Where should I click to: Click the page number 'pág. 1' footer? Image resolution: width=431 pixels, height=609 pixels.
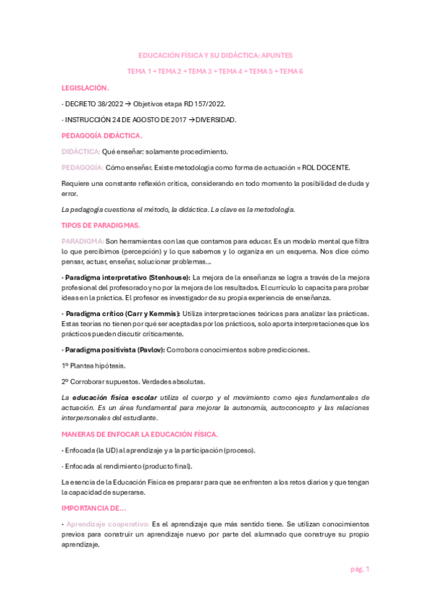click(x=359, y=569)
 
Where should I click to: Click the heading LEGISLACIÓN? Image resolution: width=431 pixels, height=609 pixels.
click(x=86, y=88)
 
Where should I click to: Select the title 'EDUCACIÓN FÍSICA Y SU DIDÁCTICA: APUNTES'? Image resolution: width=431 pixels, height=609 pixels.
click(x=215, y=55)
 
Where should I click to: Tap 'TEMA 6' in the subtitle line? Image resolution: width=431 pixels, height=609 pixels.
click(x=291, y=72)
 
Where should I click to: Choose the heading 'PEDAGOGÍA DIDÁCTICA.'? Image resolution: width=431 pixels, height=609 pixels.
click(x=102, y=136)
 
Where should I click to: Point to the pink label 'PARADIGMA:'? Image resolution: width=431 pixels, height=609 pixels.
click(x=83, y=241)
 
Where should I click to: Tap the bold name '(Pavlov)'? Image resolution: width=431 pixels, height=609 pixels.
click(x=148, y=350)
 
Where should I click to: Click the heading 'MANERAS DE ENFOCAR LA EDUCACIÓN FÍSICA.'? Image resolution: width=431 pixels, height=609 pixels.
click(x=135, y=434)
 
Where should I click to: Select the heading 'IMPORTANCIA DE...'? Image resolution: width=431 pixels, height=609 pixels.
click(x=93, y=506)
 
